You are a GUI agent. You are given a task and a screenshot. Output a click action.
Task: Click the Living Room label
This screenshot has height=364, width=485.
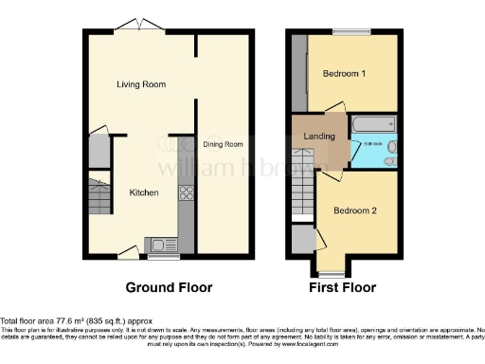coord(141,84)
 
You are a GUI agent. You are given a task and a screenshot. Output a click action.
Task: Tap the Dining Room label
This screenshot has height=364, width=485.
coord(224,144)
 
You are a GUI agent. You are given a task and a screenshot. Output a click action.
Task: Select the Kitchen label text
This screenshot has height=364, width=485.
coord(144,192)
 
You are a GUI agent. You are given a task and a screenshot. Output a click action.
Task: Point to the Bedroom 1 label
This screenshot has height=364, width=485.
coord(345,74)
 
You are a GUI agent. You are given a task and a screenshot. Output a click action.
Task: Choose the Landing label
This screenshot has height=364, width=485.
coord(319,137)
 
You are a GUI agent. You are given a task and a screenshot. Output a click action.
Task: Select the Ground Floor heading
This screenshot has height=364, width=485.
coord(170,287)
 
